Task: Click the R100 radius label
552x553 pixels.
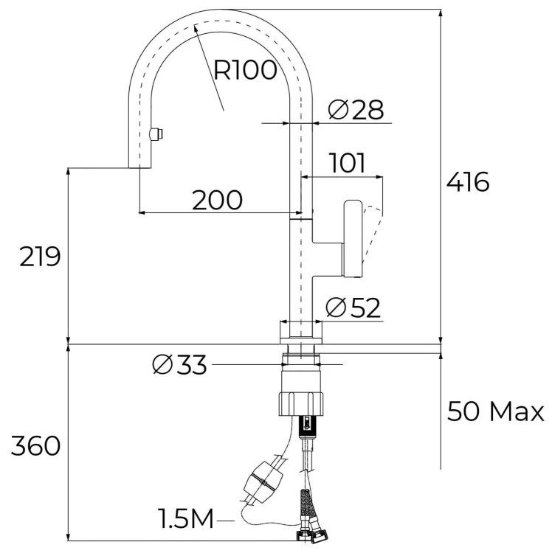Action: (245, 70)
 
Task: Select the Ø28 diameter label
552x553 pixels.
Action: (356, 110)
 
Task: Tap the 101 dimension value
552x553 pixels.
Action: (348, 163)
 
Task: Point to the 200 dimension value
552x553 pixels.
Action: (217, 200)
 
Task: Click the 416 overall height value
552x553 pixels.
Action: (468, 182)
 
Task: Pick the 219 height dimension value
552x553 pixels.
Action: (40, 257)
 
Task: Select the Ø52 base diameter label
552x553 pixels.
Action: (353, 307)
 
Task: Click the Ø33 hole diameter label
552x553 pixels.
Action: (179, 364)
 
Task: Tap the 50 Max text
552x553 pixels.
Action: (495, 411)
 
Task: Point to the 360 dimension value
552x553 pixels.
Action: (35, 446)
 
